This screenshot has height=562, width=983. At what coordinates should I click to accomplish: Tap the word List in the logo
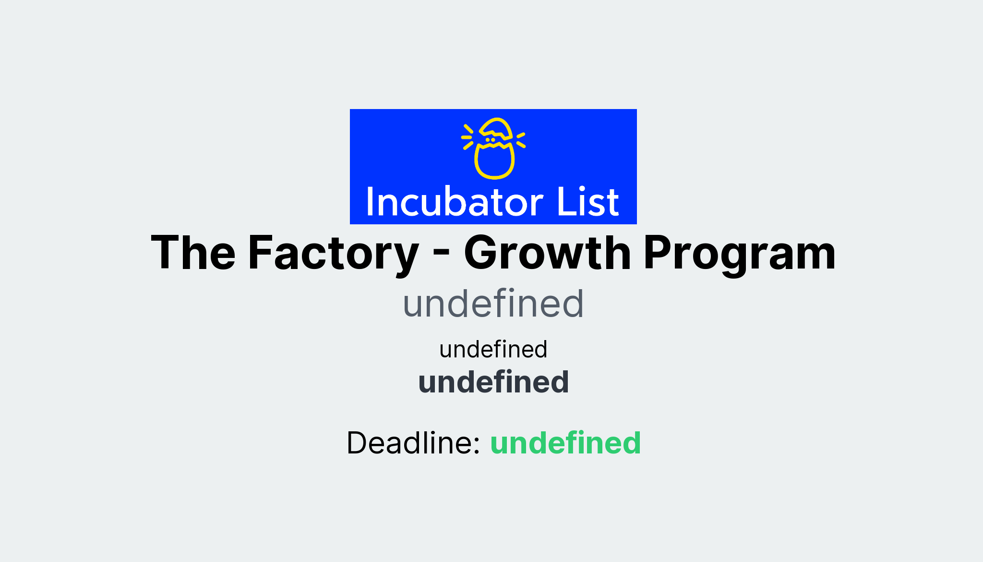[x=587, y=202]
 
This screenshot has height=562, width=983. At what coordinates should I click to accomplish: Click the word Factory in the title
[x=333, y=254]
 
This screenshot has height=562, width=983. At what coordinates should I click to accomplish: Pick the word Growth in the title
[x=547, y=254]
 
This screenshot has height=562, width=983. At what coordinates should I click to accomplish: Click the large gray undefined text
[x=493, y=304]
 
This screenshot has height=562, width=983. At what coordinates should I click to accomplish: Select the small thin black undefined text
[x=493, y=349]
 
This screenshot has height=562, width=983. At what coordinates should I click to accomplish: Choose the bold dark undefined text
[x=493, y=382]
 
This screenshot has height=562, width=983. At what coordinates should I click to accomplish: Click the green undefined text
[x=565, y=442]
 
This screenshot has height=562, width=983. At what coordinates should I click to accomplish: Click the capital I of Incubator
[x=370, y=202]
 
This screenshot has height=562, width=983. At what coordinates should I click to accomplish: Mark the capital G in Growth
[x=485, y=253]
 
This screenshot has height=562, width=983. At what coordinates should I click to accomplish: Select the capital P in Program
[x=660, y=253]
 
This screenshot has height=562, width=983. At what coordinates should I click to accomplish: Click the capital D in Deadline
[x=359, y=442]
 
